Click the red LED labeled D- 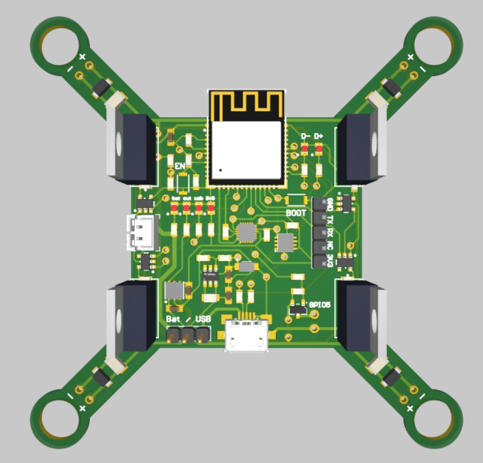(x=305, y=149)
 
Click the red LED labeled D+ (x=319, y=149)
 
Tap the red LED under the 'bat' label (x=175, y=208)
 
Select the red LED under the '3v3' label (x=211, y=208)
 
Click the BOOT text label (x=296, y=213)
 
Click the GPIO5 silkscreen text (x=320, y=304)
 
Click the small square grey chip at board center (x=246, y=232)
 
